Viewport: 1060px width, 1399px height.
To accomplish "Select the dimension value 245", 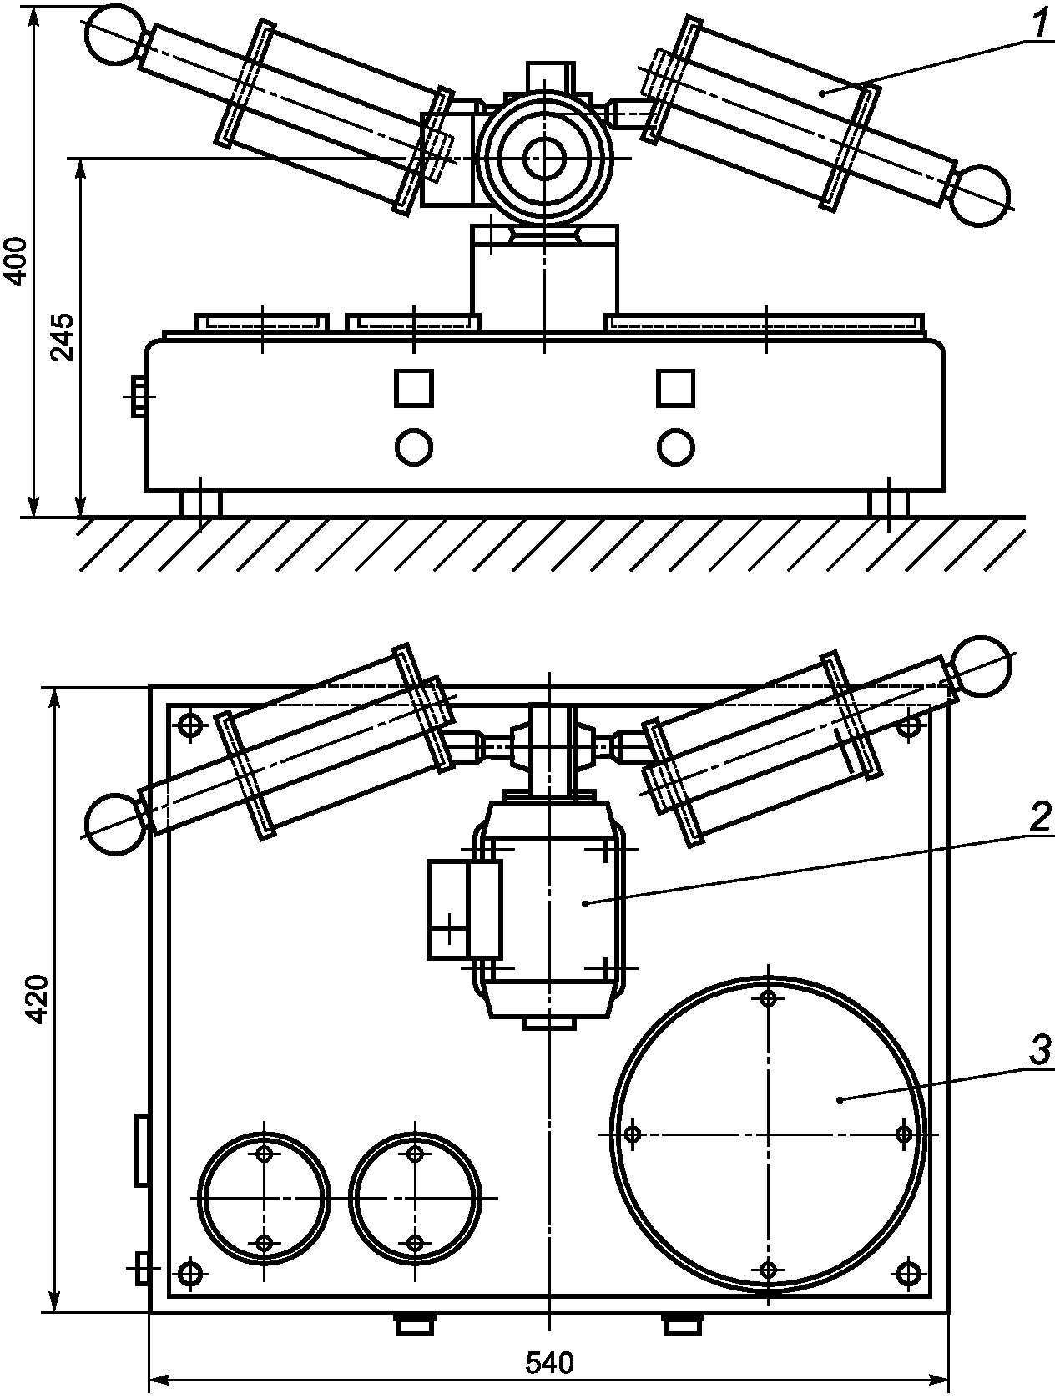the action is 63,338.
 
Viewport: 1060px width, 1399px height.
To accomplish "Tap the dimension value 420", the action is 39,999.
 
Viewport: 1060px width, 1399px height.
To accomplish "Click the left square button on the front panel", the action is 413,388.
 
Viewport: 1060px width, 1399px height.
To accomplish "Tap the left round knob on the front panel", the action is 414,447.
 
